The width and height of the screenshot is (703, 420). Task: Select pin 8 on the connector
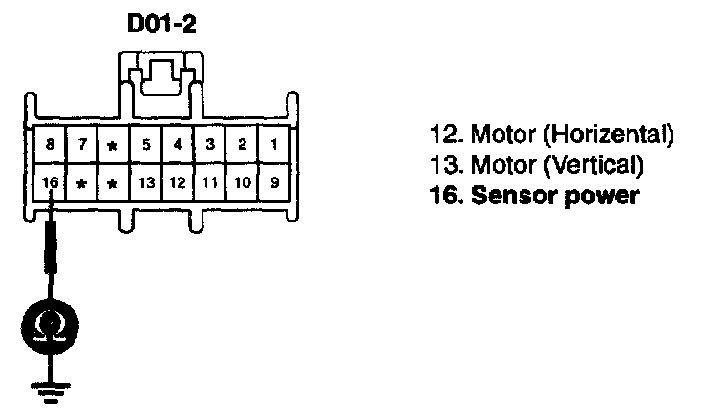pyautogui.click(x=49, y=145)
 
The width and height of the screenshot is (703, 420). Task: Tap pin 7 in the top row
pyautogui.click(x=82, y=145)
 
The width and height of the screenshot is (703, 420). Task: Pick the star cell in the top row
pyautogui.click(x=114, y=146)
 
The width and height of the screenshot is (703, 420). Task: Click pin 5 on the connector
pyautogui.click(x=146, y=145)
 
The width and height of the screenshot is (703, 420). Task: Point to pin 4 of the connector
pyautogui.click(x=178, y=145)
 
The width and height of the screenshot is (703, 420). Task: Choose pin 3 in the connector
pyautogui.click(x=209, y=145)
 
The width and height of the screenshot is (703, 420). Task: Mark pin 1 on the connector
pyautogui.click(x=273, y=145)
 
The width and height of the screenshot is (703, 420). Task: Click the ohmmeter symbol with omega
pyautogui.click(x=42, y=326)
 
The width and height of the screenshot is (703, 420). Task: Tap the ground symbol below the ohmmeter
pyautogui.click(x=42, y=388)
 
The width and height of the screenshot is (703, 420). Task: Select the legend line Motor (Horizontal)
pyautogui.click(x=553, y=133)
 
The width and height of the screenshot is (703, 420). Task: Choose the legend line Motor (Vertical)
pyautogui.click(x=534, y=165)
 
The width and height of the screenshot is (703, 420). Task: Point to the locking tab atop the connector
pyautogui.click(x=161, y=74)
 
